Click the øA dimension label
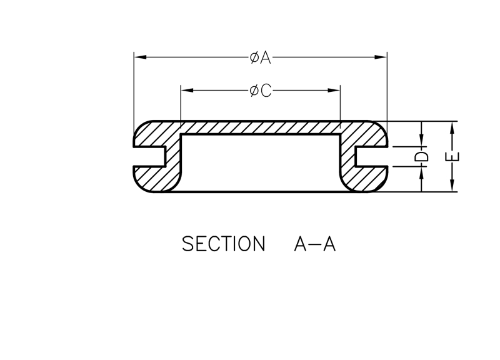click(260, 57)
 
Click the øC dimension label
click(260, 91)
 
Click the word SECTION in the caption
click(223, 244)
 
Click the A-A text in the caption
click(314, 244)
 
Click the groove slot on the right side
click(372, 156)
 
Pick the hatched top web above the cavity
click(260, 127)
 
